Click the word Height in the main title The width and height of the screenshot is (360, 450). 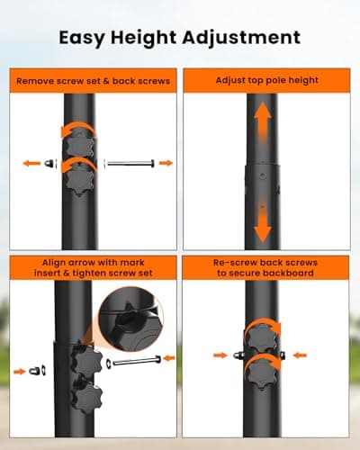coord(144,38)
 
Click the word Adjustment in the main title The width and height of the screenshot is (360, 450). coord(241,38)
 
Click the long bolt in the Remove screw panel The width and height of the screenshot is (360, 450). coord(130,164)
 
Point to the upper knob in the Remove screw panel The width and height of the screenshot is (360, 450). coord(79,143)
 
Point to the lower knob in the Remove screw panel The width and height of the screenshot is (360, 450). coord(79,180)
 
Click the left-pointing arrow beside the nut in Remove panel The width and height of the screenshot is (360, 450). coord(31,164)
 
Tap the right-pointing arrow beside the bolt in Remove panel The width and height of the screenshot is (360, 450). coord(166,163)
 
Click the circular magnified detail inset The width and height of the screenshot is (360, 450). coord(131,319)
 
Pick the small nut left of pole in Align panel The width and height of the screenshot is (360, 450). coord(38,371)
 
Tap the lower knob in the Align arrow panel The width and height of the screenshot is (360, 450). coord(87,398)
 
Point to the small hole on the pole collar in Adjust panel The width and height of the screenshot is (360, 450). coord(263,175)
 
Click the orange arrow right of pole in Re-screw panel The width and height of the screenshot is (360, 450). coord(300,355)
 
